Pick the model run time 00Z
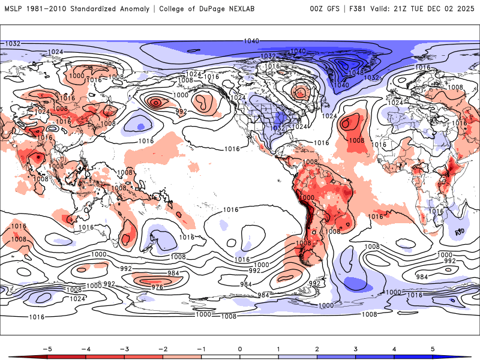[318, 8]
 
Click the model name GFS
[335, 8]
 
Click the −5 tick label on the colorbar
[47, 349]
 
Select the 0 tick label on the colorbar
[240, 349]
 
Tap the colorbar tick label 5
[433, 349]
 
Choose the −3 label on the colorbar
[124, 349]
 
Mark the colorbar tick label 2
[317, 349]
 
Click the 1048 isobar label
[356, 73]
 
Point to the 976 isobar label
[157, 287]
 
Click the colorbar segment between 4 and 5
[413, 357]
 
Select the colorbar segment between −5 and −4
[67, 357]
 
